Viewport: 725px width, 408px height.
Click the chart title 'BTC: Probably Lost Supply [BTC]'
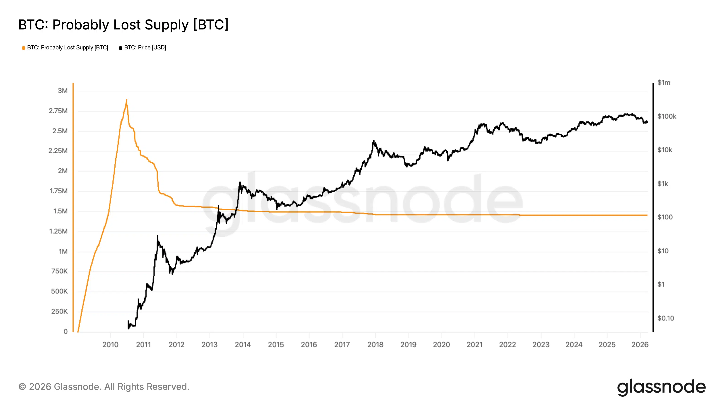123,25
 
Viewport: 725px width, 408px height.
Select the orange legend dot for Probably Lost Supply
23,48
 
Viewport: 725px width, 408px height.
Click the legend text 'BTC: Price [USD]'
145,48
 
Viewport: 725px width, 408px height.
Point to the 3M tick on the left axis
63,91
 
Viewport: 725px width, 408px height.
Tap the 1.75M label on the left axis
58,191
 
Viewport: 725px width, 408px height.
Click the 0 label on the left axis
65,332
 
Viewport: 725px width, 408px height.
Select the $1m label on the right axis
664,83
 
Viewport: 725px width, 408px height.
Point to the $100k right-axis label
667,117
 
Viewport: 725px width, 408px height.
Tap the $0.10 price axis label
665,318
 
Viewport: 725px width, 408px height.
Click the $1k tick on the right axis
662,184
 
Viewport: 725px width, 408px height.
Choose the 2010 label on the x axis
110,345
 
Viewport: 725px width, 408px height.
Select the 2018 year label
375,345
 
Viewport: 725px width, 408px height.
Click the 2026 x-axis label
640,345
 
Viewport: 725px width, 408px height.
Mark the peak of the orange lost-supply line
127,100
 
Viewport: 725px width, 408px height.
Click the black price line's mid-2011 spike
158,236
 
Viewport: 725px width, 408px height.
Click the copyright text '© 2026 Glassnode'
104,387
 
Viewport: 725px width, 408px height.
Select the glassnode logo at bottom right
661,387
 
